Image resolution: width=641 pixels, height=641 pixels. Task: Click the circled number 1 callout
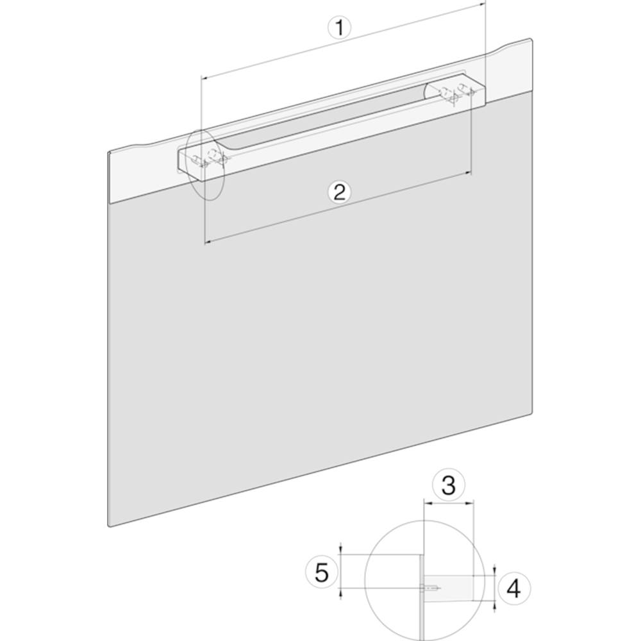pos(339,28)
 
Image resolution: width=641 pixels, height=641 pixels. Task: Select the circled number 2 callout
pos(340,192)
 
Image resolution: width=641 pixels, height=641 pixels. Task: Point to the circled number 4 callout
pos(513,589)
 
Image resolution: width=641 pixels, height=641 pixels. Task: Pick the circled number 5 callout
pos(322,572)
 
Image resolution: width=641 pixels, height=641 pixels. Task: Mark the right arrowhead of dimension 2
pos(467,174)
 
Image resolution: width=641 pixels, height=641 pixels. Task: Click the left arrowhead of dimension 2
pos(207,242)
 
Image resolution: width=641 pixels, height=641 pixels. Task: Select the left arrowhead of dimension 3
pos(428,503)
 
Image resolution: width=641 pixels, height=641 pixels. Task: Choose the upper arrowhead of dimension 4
pos(495,571)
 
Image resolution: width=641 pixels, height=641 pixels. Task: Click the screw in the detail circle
pos(430,588)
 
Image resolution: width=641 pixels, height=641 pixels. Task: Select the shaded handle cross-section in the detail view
pos(449,588)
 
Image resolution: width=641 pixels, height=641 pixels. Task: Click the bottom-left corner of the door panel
pos(109,526)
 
